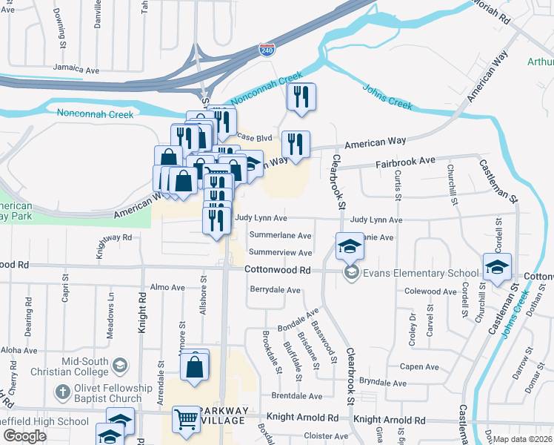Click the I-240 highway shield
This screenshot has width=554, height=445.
click(267, 50)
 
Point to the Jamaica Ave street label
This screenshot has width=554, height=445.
click(76, 70)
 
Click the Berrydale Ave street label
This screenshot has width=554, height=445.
click(276, 289)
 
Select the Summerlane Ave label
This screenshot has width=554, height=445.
click(280, 235)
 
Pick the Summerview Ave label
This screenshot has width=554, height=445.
click(280, 252)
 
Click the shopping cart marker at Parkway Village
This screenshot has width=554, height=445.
click(186, 419)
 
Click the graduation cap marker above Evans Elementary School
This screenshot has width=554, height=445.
click(350, 245)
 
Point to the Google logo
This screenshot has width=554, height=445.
click(24, 436)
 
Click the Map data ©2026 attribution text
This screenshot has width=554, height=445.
click(523, 439)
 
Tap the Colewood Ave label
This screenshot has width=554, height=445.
click(432, 291)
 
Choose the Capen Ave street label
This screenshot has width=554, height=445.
click(419, 366)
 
